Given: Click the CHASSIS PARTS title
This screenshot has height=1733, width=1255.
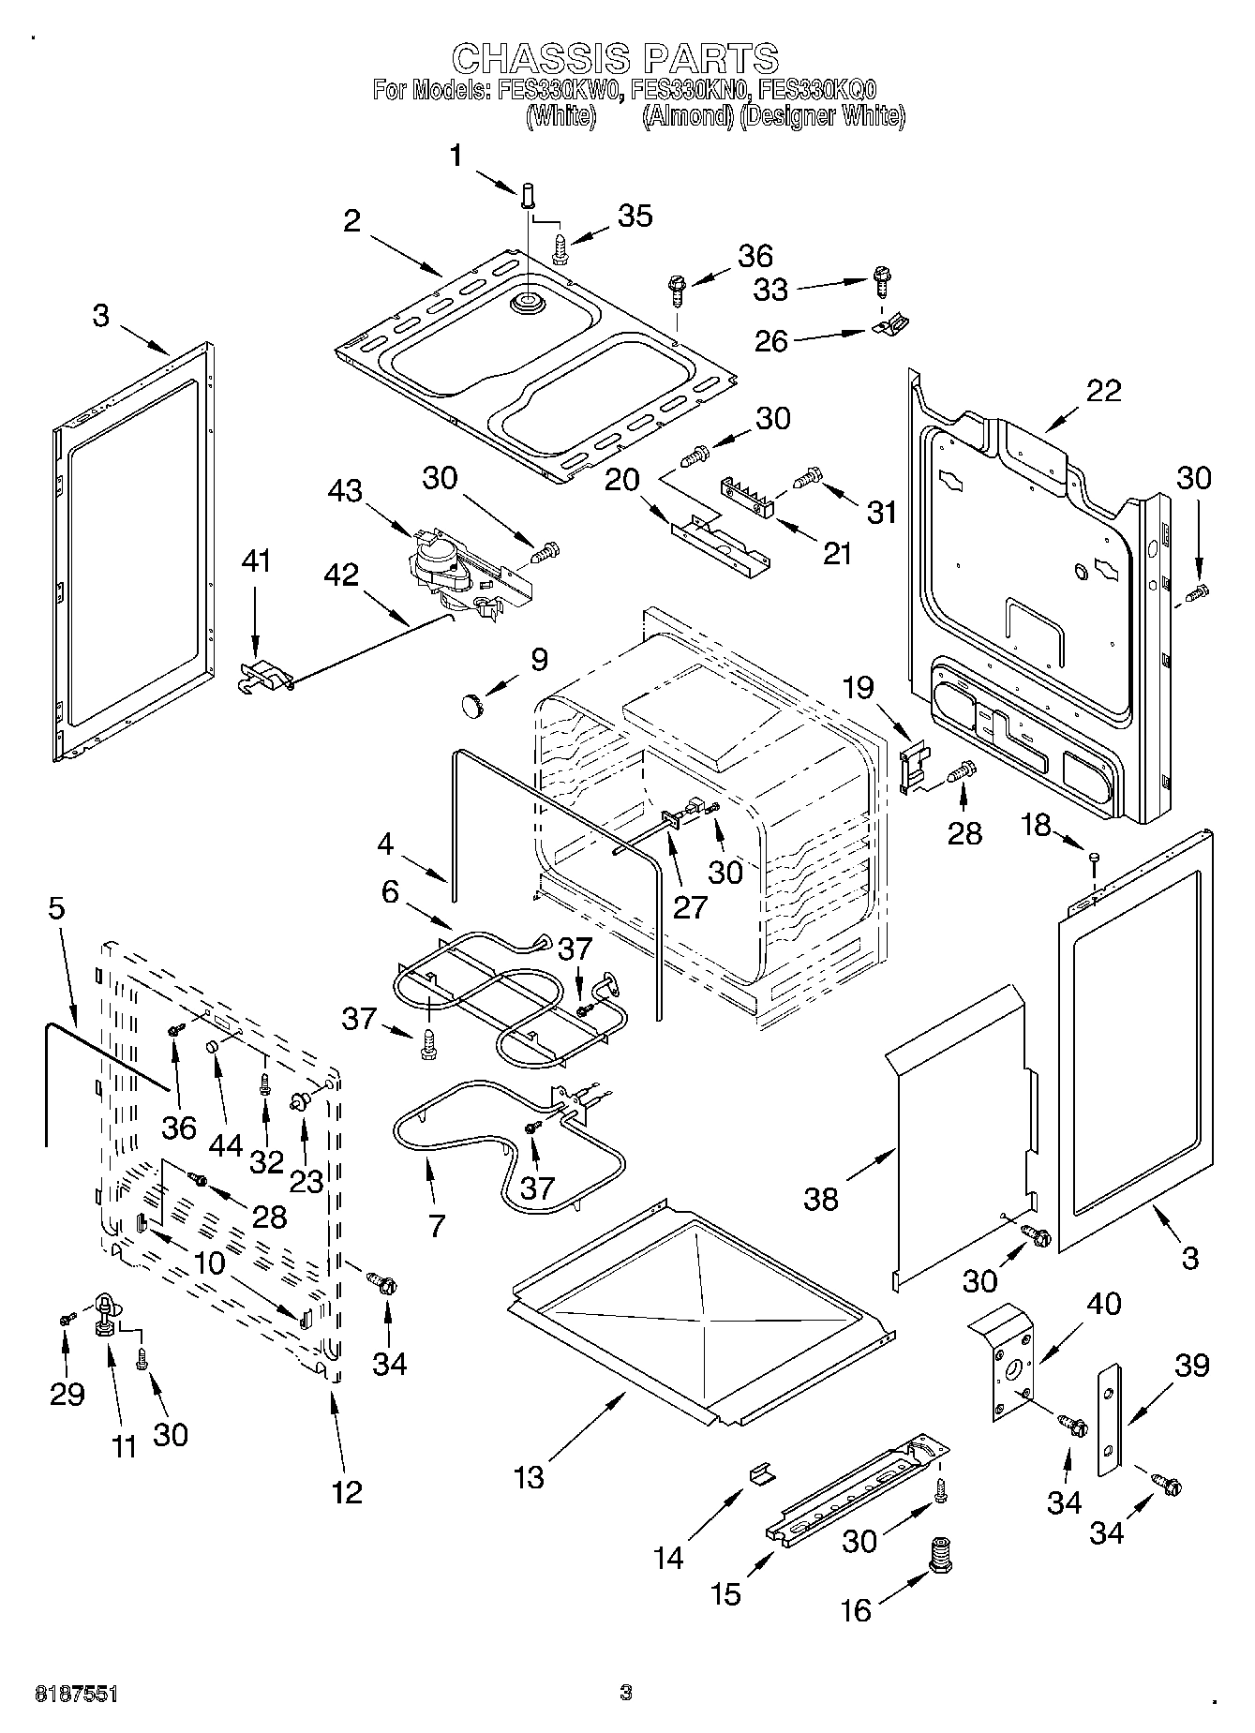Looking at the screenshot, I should pyautogui.click(x=615, y=58).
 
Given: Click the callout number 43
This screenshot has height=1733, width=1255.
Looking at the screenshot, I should pyautogui.click(x=346, y=490).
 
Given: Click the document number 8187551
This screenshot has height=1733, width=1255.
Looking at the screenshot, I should pyautogui.click(x=77, y=1693).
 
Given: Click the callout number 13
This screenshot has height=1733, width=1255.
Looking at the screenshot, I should pyautogui.click(x=529, y=1477).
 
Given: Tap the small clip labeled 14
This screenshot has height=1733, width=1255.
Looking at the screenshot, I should pyautogui.click(x=762, y=1474).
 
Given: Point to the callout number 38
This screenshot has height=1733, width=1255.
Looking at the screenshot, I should pyautogui.click(x=820, y=1199).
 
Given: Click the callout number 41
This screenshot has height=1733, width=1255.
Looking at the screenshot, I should pyautogui.click(x=256, y=561).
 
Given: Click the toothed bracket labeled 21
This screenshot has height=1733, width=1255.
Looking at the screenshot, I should pyautogui.click(x=747, y=496).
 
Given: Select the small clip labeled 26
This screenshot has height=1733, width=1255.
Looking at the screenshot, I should pyautogui.click(x=891, y=325).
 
